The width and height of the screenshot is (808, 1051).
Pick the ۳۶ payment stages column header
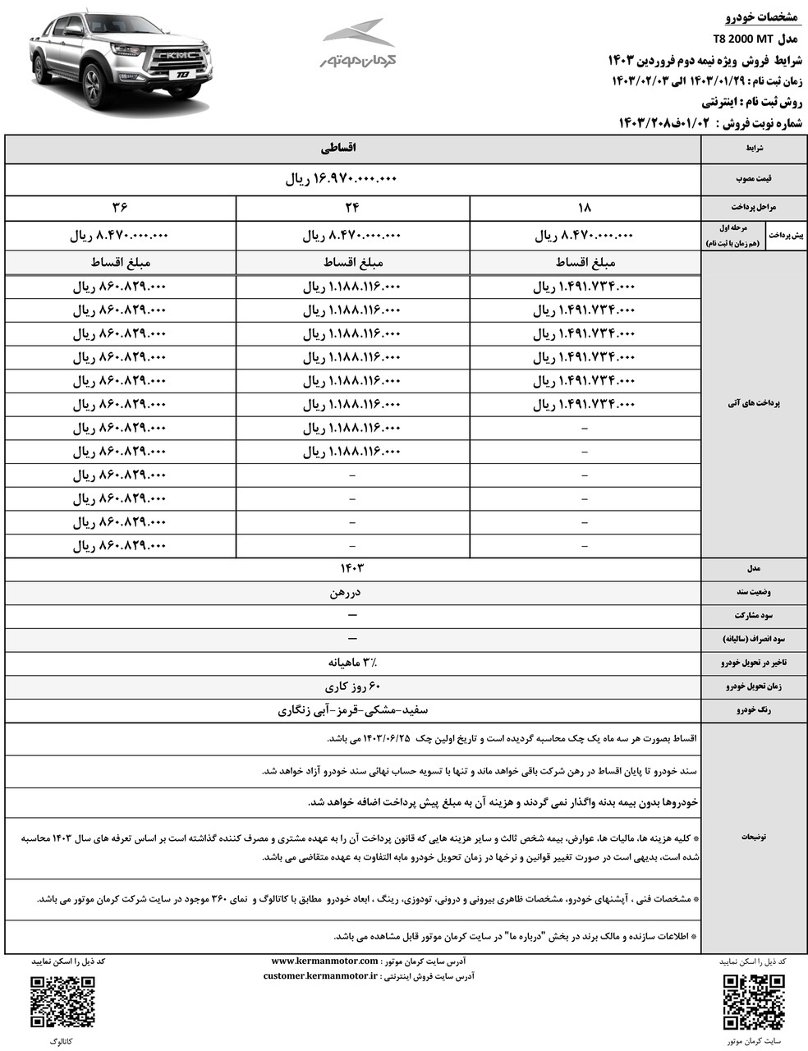coord(120,208)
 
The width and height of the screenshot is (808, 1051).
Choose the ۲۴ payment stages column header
coord(352,208)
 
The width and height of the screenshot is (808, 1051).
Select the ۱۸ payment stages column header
coord(585,208)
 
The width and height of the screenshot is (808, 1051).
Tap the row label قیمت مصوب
coord(754,179)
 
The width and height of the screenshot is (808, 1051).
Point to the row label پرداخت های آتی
coord(754,404)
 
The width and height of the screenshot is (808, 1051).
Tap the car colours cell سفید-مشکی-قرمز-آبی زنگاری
coord(353,709)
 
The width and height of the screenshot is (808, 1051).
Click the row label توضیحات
coord(754,838)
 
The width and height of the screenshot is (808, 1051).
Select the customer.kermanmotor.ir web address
coord(320,976)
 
